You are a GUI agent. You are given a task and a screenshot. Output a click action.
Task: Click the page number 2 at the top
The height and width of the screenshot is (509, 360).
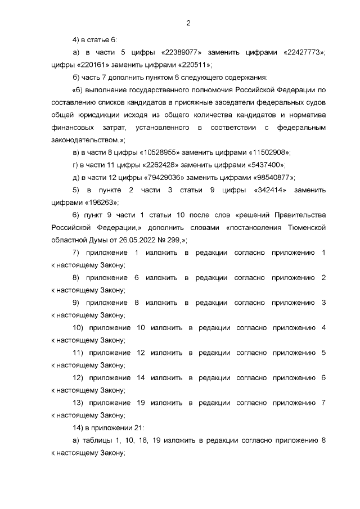pyautogui.click(x=188, y=23)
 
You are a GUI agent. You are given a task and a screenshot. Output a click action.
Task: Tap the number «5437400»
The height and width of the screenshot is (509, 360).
pyautogui.click(x=265, y=164)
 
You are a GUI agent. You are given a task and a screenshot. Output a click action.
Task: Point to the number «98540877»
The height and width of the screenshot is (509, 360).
pyautogui.click(x=271, y=177)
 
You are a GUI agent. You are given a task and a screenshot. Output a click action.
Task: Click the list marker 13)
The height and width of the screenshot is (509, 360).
pyautogui.click(x=78, y=403)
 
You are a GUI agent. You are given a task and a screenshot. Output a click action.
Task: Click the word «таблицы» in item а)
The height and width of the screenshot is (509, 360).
pyautogui.click(x=97, y=440)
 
